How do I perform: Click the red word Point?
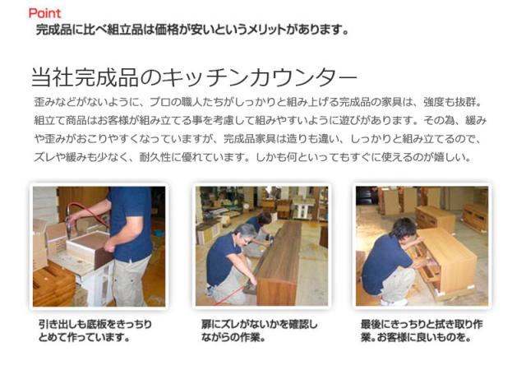pos(44,13)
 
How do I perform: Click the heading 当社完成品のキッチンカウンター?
pos(194,77)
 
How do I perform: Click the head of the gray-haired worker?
pos(245,233)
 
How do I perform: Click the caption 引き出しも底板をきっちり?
pos(95,324)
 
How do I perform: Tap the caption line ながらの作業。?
pos(233,337)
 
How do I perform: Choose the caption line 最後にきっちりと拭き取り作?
pos(422,324)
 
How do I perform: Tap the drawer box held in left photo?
pos(90,249)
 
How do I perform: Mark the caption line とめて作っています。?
pos(84,337)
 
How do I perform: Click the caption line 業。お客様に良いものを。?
pos(416,337)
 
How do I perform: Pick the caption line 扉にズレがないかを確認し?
pos(259,324)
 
